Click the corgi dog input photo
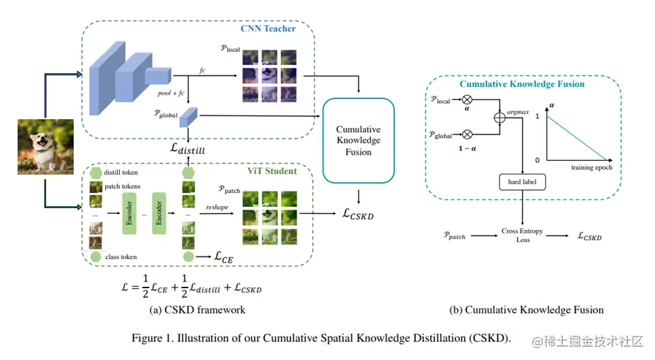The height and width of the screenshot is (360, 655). click(x=45, y=146)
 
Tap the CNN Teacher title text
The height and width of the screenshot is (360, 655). click(x=268, y=29)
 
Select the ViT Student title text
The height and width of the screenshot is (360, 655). click(x=271, y=171)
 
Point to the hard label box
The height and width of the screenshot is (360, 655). click(x=523, y=182)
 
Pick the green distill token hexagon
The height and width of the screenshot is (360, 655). click(x=95, y=173)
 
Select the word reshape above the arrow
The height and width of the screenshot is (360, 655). click(x=218, y=208)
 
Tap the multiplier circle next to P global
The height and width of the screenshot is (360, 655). click(x=467, y=135)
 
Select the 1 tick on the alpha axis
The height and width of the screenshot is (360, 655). click(x=538, y=116)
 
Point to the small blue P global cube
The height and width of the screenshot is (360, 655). click(x=189, y=118)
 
